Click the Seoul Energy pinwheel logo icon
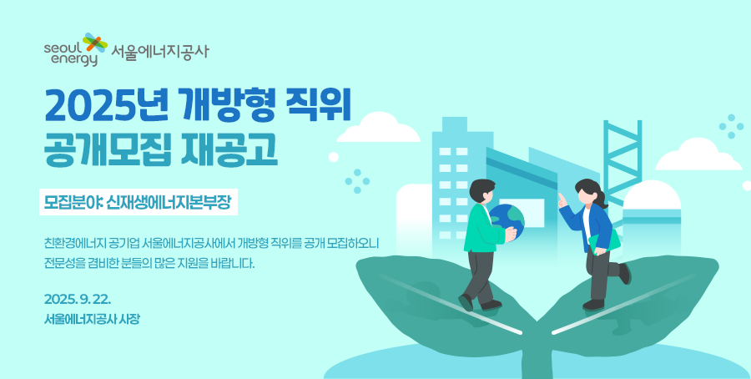[x=95, y=43]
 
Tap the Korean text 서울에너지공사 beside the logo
[x=160, y=52]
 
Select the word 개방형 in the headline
[x=229, y=106]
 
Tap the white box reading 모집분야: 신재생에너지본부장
[x=139, y=203]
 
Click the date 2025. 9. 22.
[x=78, y=300]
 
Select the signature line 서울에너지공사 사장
[x=92, y=319]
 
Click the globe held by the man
[x=507, y=221]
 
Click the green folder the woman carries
[x=604, y=244]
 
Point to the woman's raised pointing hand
[x=562, y=200]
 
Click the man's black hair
[x=481, y=190]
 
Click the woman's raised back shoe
[x=625, y=273]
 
